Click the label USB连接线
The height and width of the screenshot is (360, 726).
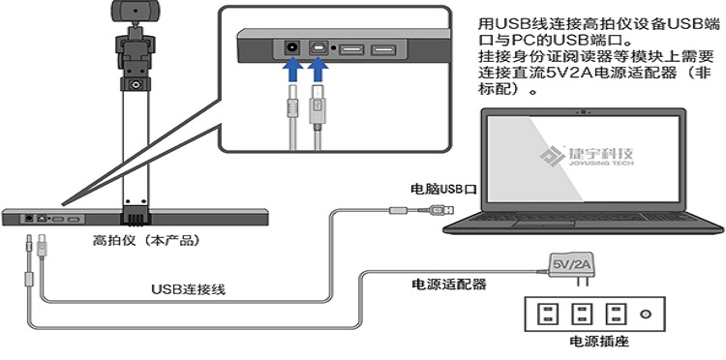(189, 289)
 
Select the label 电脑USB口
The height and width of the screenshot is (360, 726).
(443, 189)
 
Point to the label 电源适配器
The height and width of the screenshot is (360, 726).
(449, 284)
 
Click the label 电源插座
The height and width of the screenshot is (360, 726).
(599, 342)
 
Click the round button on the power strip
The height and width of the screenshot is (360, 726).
(645, 315)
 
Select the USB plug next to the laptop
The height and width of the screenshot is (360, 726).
(437, 210)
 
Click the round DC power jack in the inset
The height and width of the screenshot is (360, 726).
(292, 47)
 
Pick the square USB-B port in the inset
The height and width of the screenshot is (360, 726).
(319, 47)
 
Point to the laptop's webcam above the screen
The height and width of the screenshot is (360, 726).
(585, 111)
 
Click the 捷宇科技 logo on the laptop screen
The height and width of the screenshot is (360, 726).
(587, 156)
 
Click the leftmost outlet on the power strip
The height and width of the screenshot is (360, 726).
(547, 315)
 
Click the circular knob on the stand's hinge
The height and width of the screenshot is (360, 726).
(136, 85)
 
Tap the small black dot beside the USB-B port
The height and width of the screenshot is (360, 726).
(333, 48)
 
